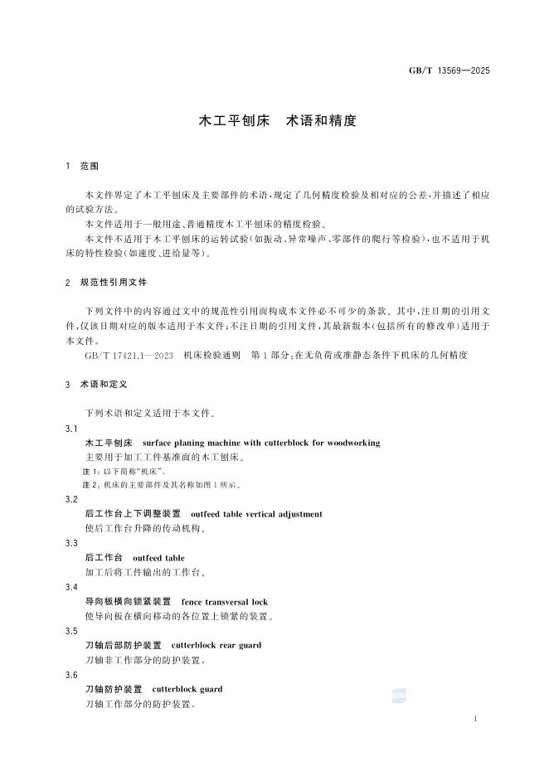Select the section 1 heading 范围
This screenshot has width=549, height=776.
tap(89, 167)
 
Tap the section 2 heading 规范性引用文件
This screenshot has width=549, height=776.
tap(114, 283)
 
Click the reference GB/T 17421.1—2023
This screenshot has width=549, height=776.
tap(129, 355)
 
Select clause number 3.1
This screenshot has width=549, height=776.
tap(71, 429)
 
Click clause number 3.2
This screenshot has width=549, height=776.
tap(71, 500)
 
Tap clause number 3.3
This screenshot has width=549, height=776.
tap(71, 543)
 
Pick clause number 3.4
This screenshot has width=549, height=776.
tap(71, 587)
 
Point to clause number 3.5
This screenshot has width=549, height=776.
tap(71, 631)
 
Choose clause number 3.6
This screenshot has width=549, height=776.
tap(71, 675)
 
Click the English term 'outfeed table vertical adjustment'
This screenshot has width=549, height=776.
tap(256, 514)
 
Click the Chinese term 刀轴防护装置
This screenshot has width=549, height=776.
tap(114, 689)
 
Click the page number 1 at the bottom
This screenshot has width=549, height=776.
tap(474, 720)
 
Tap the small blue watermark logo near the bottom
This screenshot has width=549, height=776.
tap(399, 696)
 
